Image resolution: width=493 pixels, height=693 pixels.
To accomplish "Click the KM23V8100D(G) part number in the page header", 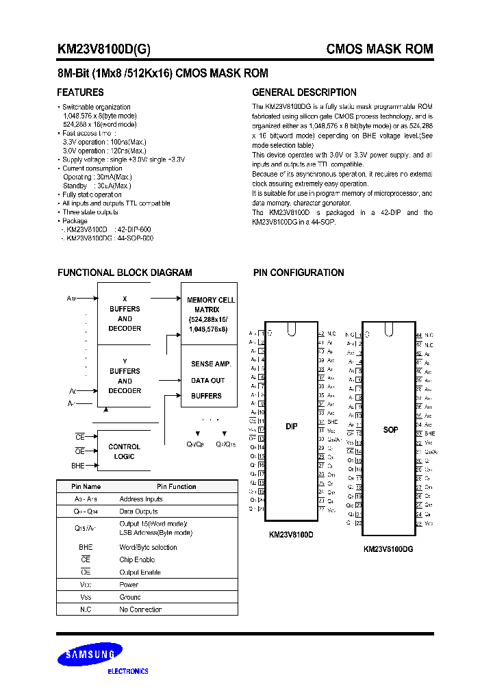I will pyautogui.click(x=103, y=49).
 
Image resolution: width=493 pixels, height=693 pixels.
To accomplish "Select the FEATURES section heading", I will pyautogui.click(x=80, y=92).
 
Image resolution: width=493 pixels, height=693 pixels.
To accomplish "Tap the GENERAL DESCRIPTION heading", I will pyautogui.click(x=304, y=92).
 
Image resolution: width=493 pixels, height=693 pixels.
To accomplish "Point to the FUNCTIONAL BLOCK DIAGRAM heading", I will pyautogui.click(x=125, y=273).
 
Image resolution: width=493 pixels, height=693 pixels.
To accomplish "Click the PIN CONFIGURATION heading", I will pyautogui.click(x=299, y=273).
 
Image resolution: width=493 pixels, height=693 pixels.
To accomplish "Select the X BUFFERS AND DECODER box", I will pyautogui.click(x=125, y=314).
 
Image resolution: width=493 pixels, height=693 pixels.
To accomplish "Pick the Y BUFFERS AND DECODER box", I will pyautogui.click(x=125, y=375).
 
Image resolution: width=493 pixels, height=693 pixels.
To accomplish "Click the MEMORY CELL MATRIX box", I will pyautogui.click(x=210, y=314).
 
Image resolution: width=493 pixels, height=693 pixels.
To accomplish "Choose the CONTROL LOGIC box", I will pyautogui.click(x=125, y=451).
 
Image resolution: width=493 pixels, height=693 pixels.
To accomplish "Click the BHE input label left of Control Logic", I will pyautogui.click(x=78, y=465).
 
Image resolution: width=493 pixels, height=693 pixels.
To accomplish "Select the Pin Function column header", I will pyautogui.click(x=176, y=487).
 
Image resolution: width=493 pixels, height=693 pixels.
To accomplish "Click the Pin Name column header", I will pyautogui.click(x=86, y=487).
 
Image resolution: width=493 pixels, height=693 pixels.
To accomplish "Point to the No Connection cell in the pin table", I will pyautogui.click(x=140, y=609).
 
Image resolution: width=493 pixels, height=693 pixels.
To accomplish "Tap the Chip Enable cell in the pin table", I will pyautogui.click(x=137, y=559).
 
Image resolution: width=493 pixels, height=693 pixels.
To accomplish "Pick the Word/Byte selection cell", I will pyautogui.click(x=148, y=547).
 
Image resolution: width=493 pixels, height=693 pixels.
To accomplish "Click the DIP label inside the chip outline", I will pyautogui.click(x=292, y=426).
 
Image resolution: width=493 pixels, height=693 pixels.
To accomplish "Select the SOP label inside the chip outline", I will pyautogui.click(x=390, y=429).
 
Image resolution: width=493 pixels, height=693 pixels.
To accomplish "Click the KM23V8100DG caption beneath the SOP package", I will pyautogui.click(x=388, y=549).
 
